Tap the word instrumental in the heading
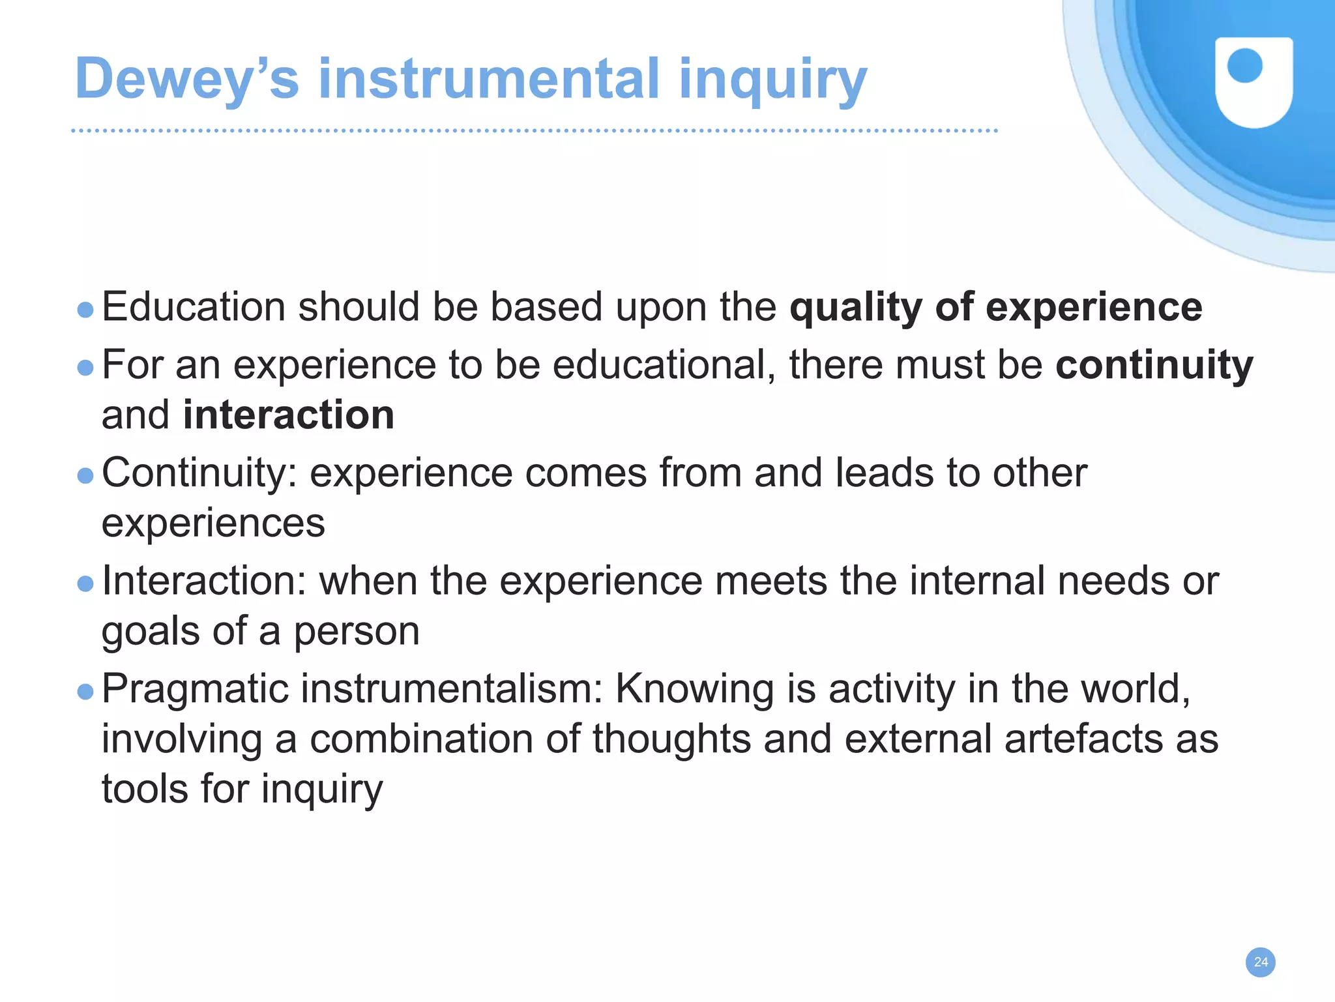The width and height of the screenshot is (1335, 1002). [x=489, y=79]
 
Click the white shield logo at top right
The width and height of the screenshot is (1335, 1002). [x=1254, y=81]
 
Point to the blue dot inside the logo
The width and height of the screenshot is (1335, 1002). [x=1244, y=66]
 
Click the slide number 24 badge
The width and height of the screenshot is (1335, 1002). [x=1261, y=962]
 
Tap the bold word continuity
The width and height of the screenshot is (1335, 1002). [x=1154, y=365]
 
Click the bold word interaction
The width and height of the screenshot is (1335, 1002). [x=289, y=415]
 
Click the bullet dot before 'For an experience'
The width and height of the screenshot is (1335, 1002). [x=85, y=368]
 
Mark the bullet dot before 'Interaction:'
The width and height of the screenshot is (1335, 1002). [x=85, y=583]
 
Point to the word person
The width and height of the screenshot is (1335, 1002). [x=356, y=632]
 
